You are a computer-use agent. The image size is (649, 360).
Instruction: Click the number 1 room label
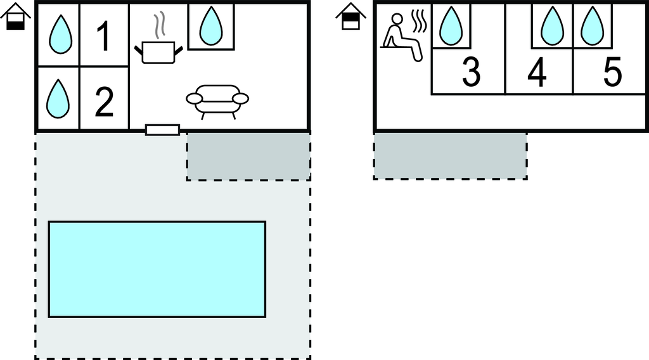click(x=103, y=37)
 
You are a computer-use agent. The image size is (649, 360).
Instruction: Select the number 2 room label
click(x=104, y=101)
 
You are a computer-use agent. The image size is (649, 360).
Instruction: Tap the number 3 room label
click(x=471, y=72)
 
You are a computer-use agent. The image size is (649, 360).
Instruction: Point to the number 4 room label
click(x=537, y=72)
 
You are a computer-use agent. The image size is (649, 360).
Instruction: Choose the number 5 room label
click(x=612, y=72)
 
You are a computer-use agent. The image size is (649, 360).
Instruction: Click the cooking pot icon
click(x=158, y=52)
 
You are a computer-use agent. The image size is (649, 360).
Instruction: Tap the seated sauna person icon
click(x=401, y=38)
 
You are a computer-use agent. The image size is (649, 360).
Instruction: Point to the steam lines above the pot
click(x=159, y=24)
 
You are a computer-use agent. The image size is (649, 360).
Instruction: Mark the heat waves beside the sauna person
click(x=419, y=22)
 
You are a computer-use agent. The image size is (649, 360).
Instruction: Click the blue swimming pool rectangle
click(x=157, y=269)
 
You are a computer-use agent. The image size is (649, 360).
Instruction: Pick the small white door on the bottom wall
click(x=163, y=130)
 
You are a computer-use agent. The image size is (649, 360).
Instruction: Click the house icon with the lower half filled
click(x=16, y=16)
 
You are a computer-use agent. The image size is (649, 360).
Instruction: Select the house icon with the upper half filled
click(x=350, y=16)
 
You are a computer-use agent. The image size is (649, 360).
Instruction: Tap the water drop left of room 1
click(x=61, y=34)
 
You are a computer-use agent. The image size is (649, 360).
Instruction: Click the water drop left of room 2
click(x=58, y=98)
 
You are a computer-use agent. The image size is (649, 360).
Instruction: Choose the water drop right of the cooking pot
click(x=211, y=25)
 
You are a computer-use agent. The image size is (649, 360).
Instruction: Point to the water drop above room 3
click(x=451, y=25)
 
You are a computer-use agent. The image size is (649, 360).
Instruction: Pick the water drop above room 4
click(x=552, y=25)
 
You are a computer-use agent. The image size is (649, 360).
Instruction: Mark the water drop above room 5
click(x=593, y=25)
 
